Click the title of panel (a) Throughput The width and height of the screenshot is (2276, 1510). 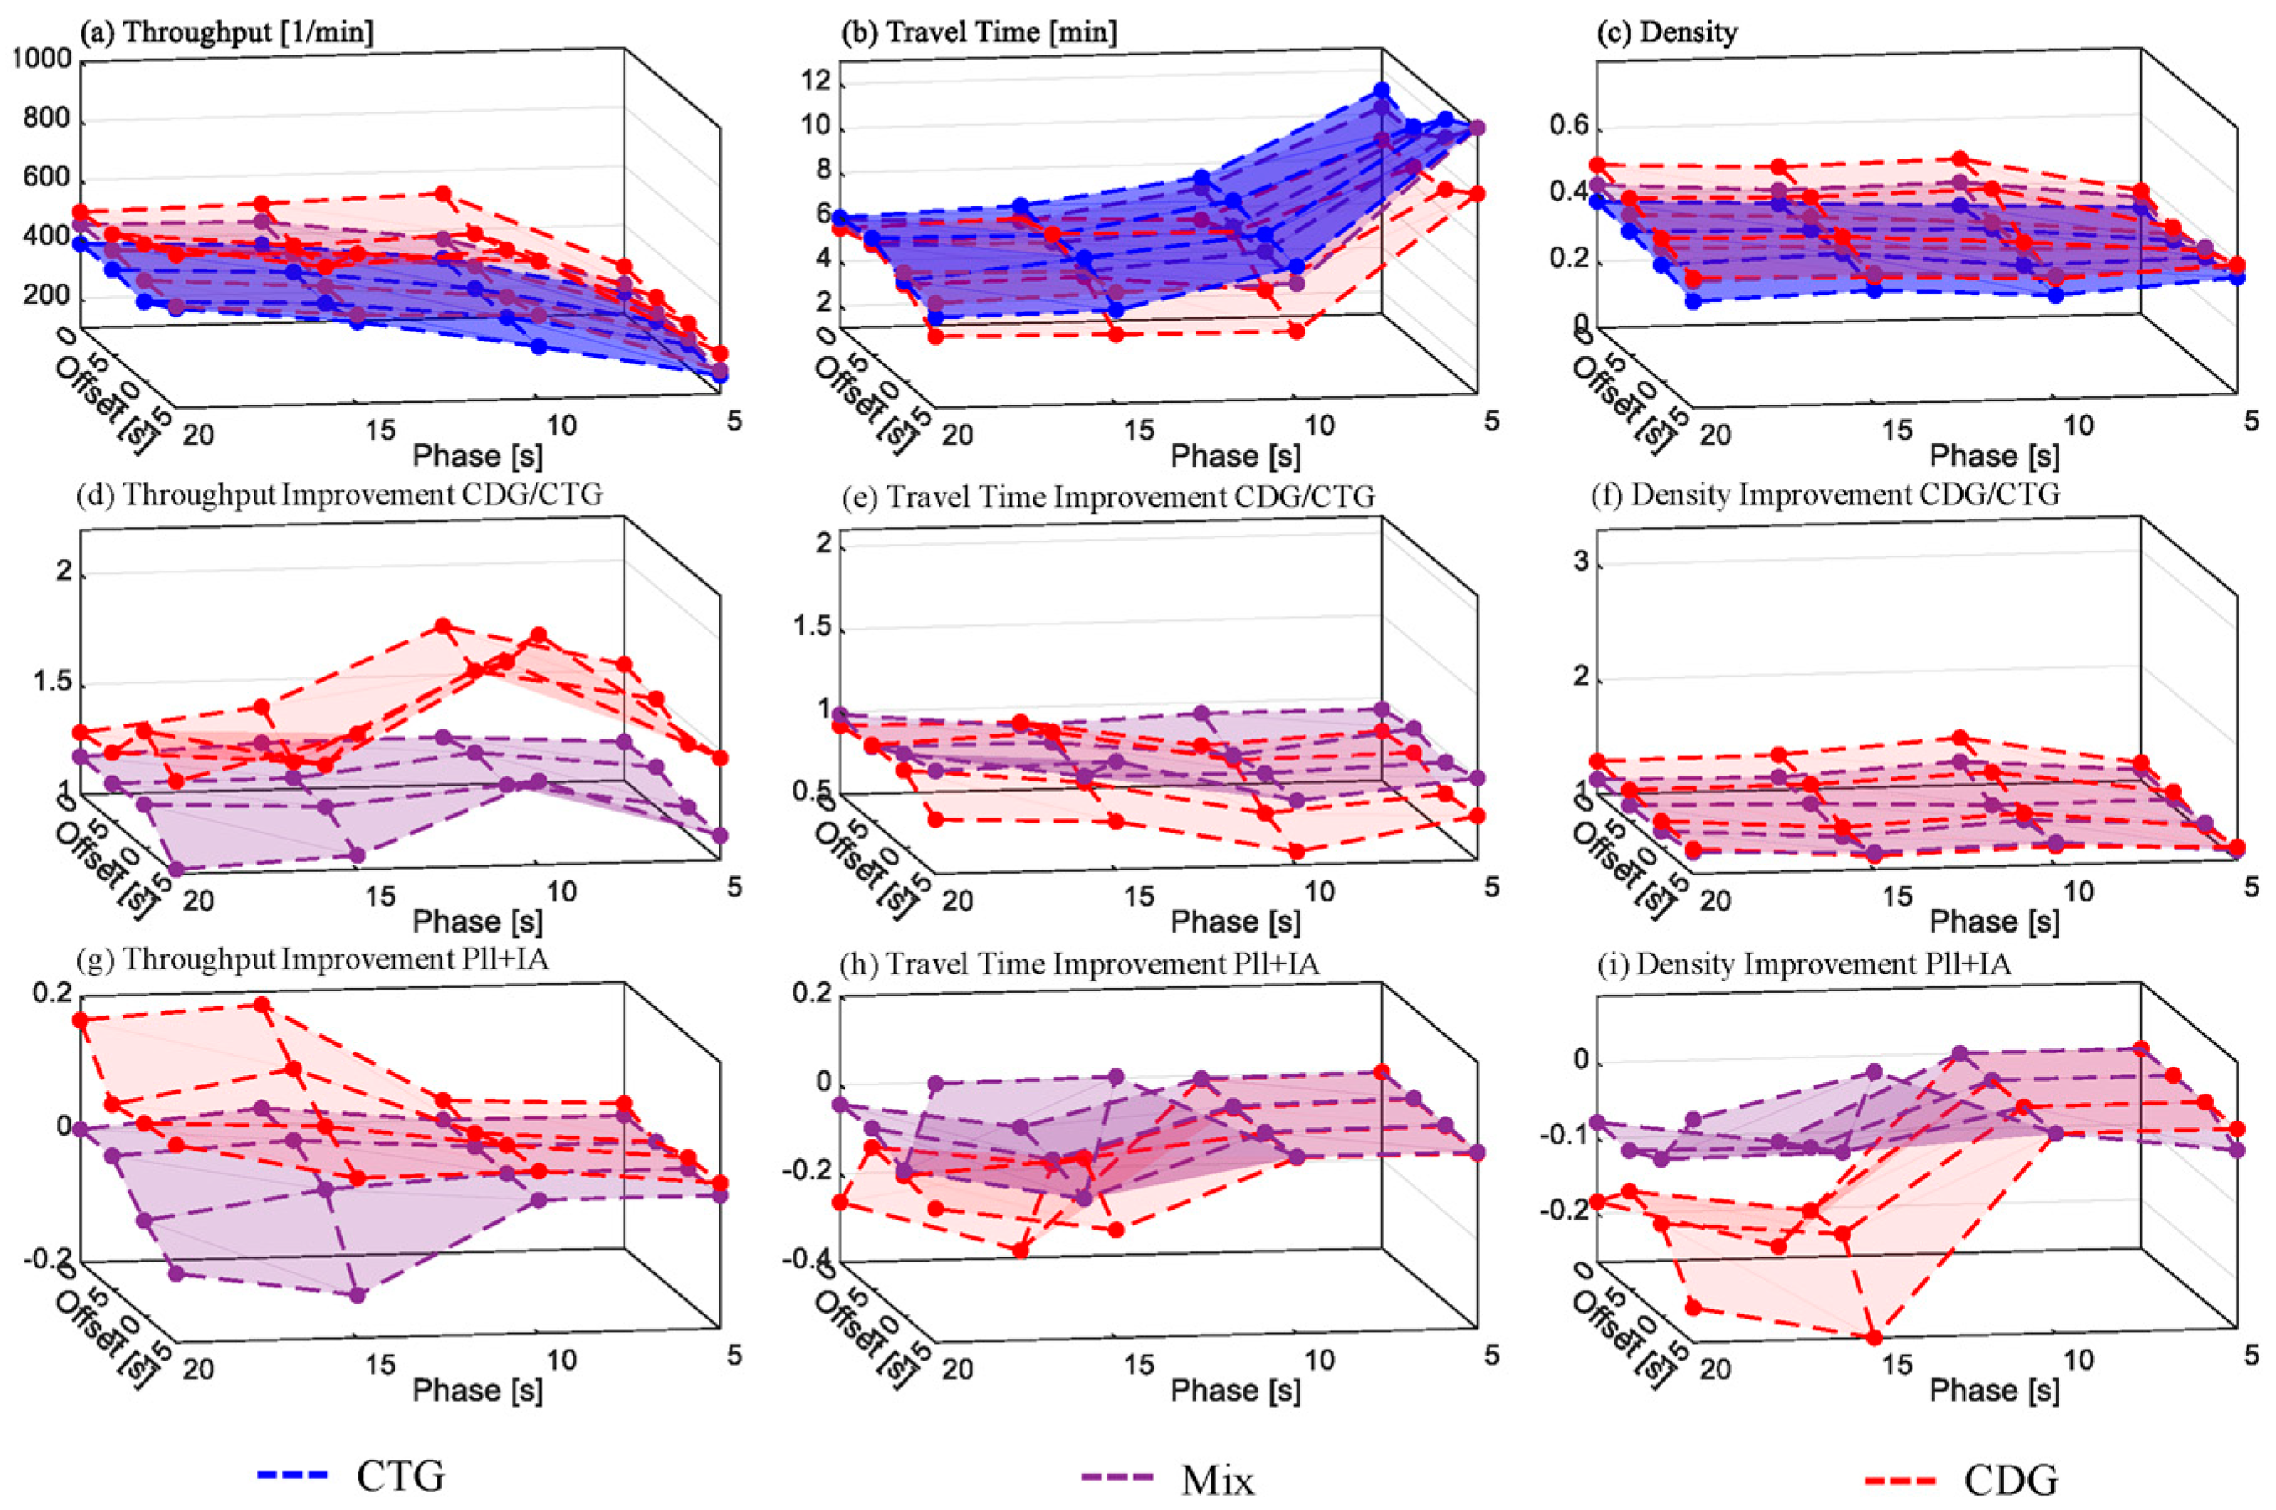click(228, 33)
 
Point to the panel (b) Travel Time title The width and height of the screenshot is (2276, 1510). click(980, 33)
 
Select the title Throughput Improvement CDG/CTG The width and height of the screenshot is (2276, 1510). click(340, 495)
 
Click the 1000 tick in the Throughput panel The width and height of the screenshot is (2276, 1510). click(42, 60)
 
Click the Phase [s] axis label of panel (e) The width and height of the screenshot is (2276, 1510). click(1235, 922)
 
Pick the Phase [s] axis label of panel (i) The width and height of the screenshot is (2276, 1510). click(1994, 1390)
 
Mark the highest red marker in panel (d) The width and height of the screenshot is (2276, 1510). click(443, 626)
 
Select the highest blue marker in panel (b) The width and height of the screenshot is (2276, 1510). click(1382, 91)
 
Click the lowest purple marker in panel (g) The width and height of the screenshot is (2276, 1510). click(358, 1295)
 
